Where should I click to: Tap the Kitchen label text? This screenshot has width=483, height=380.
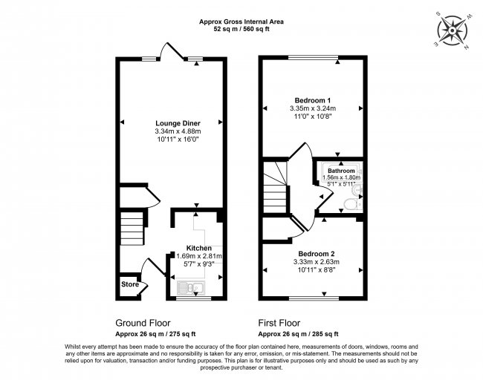pyautogui.click(x=199, y=247)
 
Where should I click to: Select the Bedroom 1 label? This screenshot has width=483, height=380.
pyautogui.click(x=312, y=100)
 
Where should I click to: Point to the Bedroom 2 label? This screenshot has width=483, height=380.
pyautogui.click(x=314, y=252)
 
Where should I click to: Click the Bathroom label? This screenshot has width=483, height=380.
pyautogui.click(x=342, y=171)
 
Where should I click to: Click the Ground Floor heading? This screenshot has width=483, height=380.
pyautogui.click(x=143, y=323)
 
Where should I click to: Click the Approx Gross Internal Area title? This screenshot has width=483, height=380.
pyautogui.click(x=241, y=22)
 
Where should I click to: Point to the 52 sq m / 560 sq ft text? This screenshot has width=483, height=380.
pyautogui.click(x=241, y=30)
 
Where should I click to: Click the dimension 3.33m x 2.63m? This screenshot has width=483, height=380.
pyautogui.click(x=314, y=261)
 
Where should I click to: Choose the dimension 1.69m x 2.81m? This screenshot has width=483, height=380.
pyautogui.click(x=199, y=255)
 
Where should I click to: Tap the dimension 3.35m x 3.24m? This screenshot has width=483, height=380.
pyautogui.click(x=312, y=108)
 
